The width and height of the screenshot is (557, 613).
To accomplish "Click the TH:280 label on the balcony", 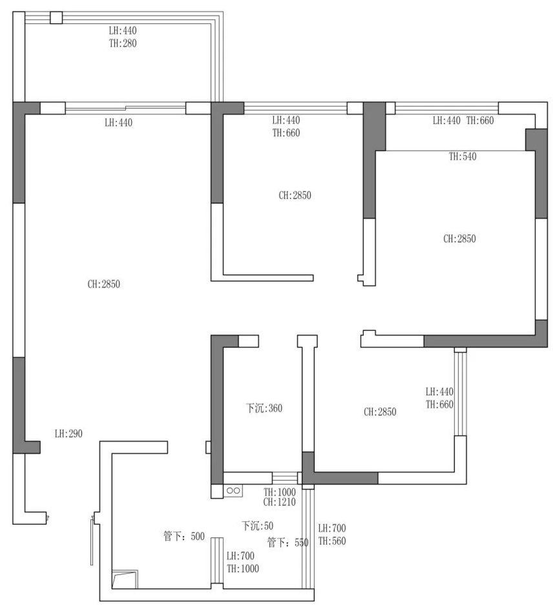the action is click(123, 43).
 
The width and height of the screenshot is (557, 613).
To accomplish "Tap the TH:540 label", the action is click(463, 157).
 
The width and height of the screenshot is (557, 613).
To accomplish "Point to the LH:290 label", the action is click(68, 433).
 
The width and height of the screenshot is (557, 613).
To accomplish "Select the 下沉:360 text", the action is click(264, 408).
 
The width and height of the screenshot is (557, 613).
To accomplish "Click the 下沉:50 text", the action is click(257, 526).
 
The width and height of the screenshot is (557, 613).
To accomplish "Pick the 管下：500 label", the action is click(184, 536).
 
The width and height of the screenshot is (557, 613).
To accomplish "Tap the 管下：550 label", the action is click(288, 542).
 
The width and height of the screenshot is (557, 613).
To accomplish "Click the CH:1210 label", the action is click(280, 502).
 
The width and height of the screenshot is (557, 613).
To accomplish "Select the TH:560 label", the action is click(332, 541).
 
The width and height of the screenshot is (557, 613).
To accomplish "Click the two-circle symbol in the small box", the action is click(233, 490).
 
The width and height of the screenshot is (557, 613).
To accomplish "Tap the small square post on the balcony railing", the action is click(56, 17).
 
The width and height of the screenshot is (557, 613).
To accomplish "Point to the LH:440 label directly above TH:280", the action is click(123, 30).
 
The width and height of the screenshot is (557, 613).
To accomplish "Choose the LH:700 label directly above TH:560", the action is click(332, 528).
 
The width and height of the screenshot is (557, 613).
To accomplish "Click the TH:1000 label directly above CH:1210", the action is click(280, 492).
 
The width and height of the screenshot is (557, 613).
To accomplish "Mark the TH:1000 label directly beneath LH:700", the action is click(243, 569).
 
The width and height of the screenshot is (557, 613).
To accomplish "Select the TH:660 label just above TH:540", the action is click(480, 120).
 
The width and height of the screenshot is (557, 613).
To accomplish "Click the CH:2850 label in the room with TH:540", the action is click(459, 239).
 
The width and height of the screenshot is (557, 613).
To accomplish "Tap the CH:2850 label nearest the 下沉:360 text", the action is click(380, 412).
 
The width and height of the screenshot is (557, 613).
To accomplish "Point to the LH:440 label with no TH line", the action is click(118, 123).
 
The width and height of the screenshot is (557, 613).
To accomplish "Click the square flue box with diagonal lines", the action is click(125, 579).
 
